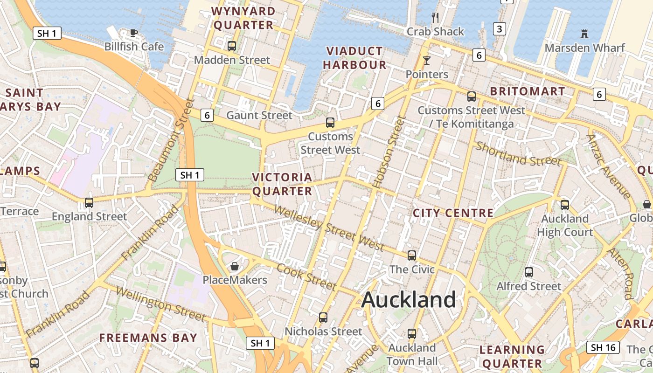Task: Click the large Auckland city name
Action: point(409,299)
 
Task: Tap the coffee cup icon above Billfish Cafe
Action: point(134,33)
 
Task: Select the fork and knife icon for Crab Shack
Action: point(435,18)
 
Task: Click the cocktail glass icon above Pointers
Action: point(426,60)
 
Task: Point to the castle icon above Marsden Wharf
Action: point(584,34)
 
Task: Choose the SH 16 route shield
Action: point(603,347)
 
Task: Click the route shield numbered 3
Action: point(500,29)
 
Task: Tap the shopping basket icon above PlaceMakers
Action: point(235,266)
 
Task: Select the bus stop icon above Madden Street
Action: point(232,46)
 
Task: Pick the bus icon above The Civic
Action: point(411,255)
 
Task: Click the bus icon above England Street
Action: point(89,202)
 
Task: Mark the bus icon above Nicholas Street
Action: point(323,318)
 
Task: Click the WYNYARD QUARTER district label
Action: point(243,18)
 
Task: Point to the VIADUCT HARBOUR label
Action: point(355,58)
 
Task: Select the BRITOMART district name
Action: point(528,91)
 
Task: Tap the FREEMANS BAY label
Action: point(148,338)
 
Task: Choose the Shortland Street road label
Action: point(519,154)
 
